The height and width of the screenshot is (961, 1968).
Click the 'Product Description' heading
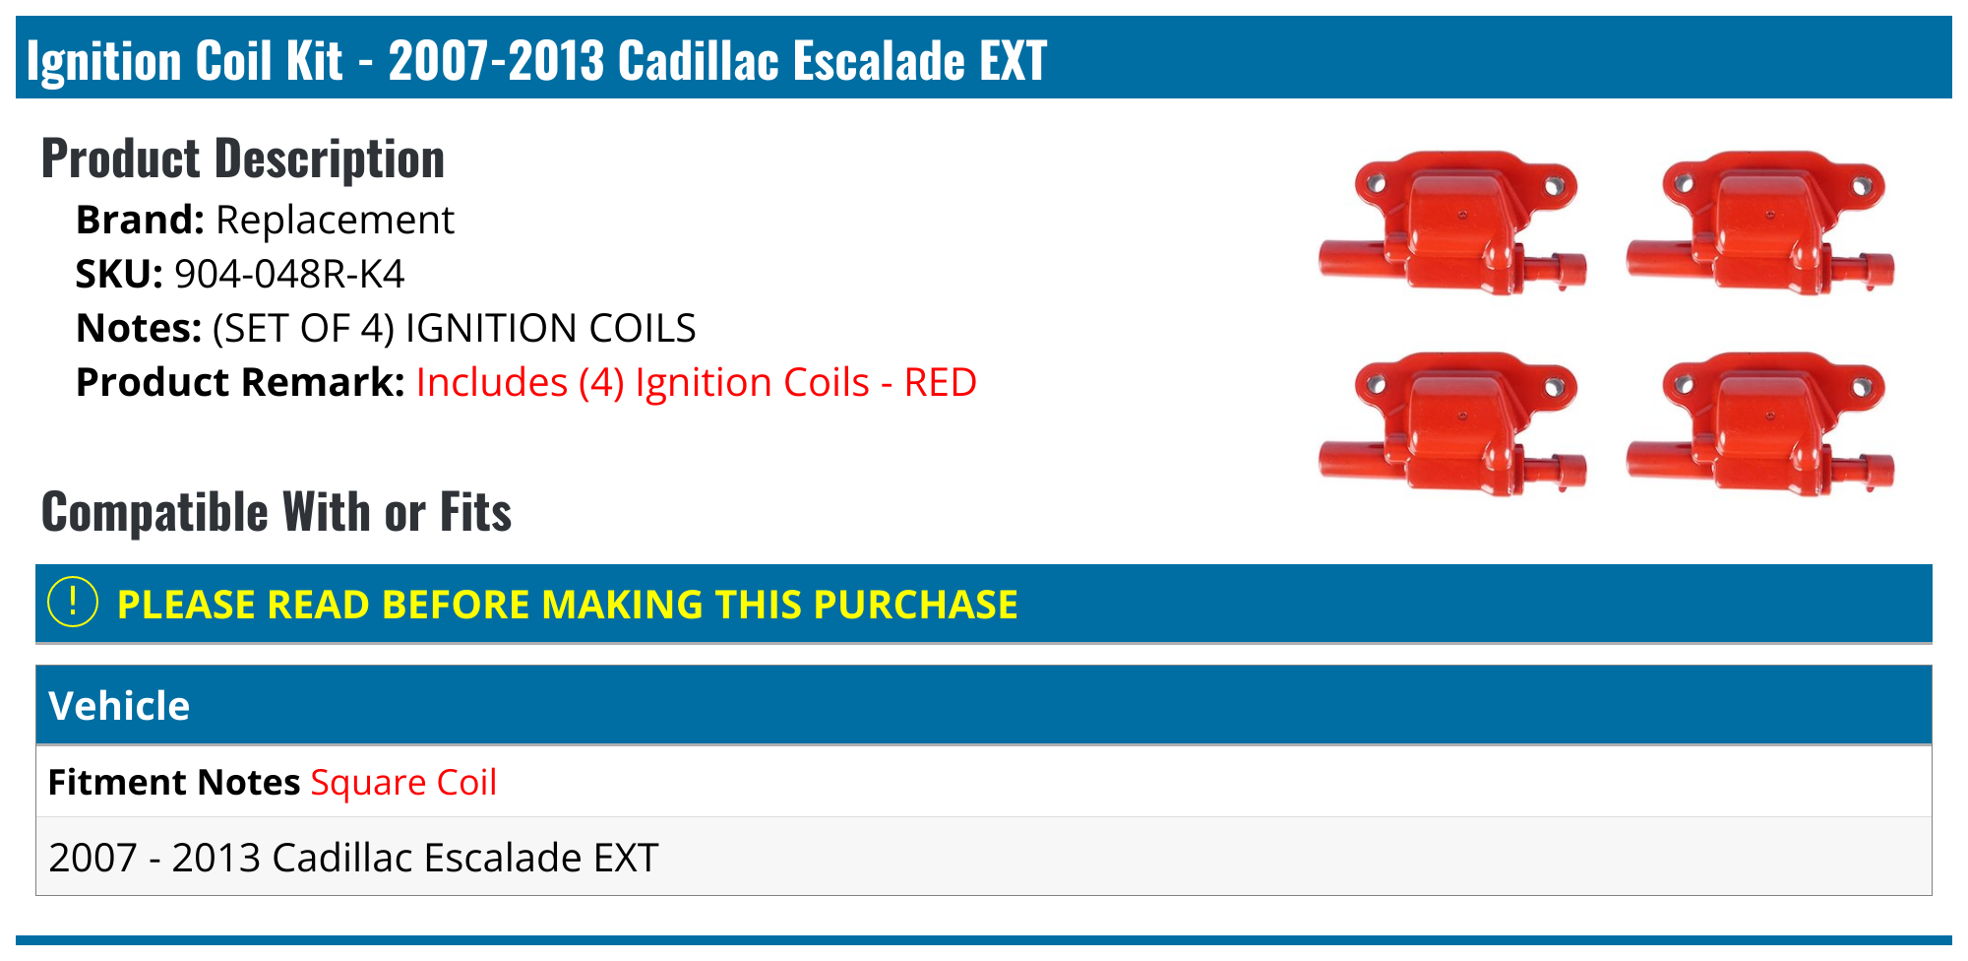coord(243,159)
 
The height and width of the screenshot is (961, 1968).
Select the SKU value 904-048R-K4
coord(289,274)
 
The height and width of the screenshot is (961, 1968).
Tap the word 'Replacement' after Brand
coord(335,220)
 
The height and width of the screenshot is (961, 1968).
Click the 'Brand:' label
coord(140,220)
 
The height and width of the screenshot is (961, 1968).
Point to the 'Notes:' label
coord(139,328)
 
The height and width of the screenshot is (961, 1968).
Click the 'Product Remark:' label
coord(240,382)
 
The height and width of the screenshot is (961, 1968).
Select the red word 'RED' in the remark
coord(940,382)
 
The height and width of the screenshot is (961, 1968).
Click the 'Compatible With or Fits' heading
coord(277,512)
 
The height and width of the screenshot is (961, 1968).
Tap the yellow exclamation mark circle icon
coord(73,602)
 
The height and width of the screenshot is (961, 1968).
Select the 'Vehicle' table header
coord(119,706)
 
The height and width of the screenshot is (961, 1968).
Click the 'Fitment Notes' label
coord(174,782)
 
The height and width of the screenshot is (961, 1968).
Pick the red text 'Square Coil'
coord(403,782)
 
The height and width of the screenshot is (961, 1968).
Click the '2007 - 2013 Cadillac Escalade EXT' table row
coord(353,857)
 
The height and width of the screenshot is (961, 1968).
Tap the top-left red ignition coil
coord(1452,224)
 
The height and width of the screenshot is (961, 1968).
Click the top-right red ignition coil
coord(1760,224)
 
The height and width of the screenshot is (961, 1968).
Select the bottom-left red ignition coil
coord(1452,425)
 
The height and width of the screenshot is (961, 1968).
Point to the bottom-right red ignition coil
coord(1760,425)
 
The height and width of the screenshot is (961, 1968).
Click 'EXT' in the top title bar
coord(1013,60)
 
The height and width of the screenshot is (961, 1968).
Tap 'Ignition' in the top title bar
coord(104,60)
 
